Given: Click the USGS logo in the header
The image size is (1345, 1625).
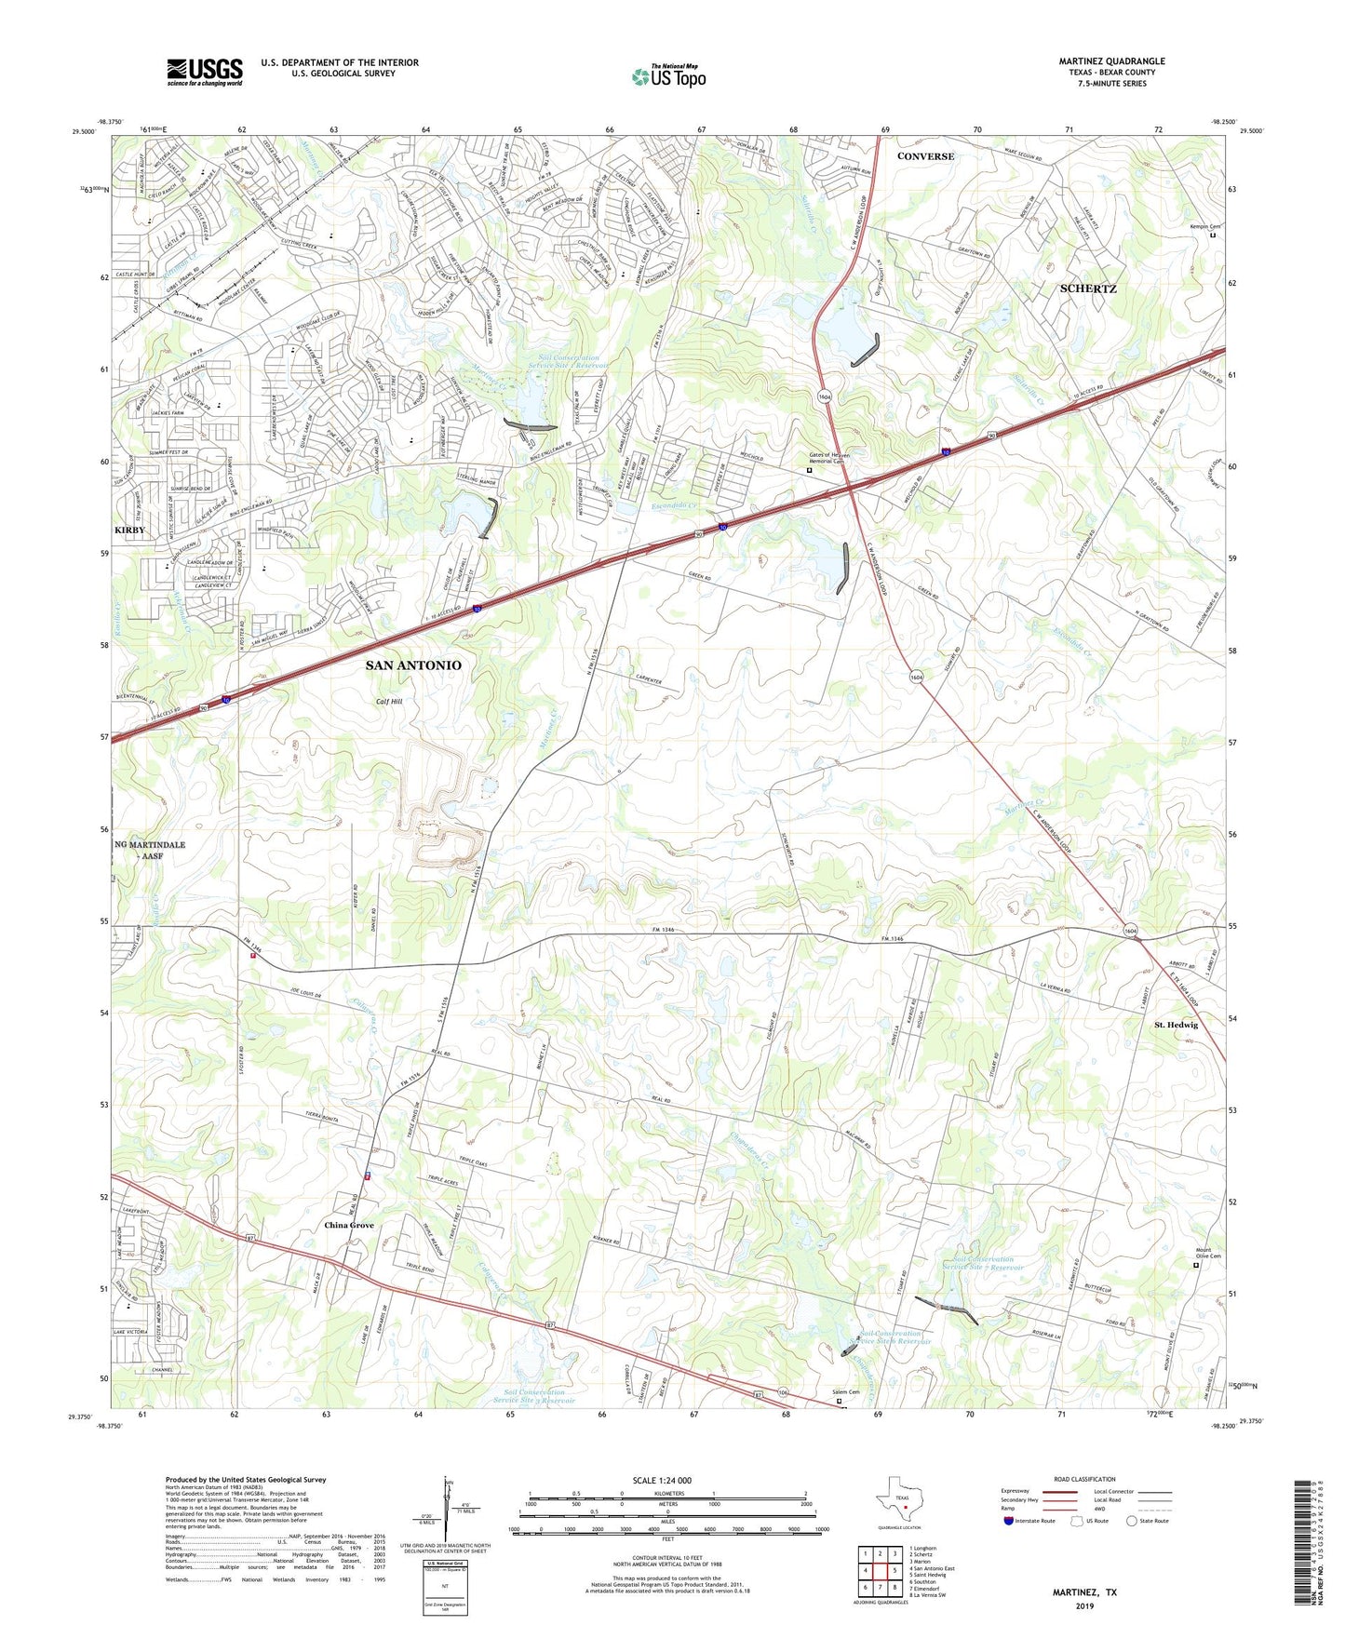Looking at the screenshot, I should click(x=204, y=72).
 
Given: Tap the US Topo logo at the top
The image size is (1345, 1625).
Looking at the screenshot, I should click(x=667, y=76).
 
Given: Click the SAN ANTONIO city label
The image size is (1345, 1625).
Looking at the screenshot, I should click(x=412, y=665).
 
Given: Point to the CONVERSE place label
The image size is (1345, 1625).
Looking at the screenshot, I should click(x=925, y=156).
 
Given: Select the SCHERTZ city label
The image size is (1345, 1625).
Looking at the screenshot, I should click(x=1088, y=289).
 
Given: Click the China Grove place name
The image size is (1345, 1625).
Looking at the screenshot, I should click(x=349, y=1225).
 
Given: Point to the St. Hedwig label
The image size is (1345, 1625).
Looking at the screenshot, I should click(x=1176, y=1025).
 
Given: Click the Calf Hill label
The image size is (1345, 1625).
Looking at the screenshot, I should click(x=389, y=702).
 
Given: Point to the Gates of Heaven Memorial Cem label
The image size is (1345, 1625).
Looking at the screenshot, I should click(x=826, y=458).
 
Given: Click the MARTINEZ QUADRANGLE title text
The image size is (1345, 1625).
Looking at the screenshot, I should click(x=1111, y=61).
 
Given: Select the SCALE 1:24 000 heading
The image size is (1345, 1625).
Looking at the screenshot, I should click(x=662, y=1481).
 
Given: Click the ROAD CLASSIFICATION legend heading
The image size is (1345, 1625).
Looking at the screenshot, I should click(x=1085, y=1479).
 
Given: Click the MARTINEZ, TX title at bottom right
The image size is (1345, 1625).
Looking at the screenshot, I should click(x=1084, y=1592).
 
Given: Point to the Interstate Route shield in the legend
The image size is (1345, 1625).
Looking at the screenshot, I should click(x=1009, y=1521).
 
